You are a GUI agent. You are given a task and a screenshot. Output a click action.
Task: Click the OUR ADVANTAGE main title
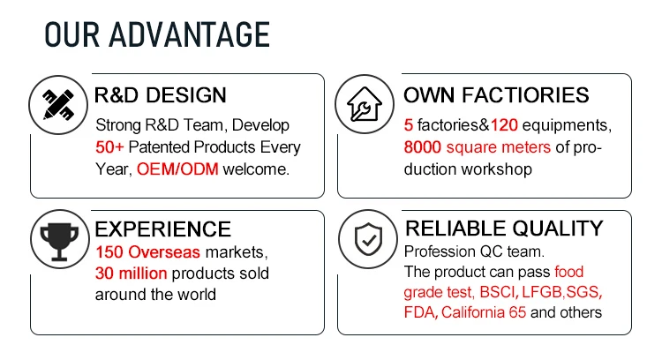point(157,34)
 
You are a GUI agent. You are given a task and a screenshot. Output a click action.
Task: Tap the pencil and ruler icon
point(58,105)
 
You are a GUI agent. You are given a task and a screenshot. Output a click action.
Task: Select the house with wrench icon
point(365,104)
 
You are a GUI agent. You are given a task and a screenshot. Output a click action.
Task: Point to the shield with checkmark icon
point(368,239)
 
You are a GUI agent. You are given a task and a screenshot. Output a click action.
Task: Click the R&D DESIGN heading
point(161,95)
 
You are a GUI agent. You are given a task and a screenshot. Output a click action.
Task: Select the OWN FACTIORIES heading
point(496,95)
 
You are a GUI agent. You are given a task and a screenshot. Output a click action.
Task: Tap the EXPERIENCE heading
point(163,229)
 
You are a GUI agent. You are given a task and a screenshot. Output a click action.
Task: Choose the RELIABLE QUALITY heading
point(504,229)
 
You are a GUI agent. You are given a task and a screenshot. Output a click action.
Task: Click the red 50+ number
point(109,147)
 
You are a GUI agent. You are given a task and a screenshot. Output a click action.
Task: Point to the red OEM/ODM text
point(177,169)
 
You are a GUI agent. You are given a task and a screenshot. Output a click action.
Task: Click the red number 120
point(504,125)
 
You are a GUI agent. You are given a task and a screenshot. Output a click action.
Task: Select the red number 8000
point(422,147)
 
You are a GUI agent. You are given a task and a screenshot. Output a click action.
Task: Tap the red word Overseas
point(164,252)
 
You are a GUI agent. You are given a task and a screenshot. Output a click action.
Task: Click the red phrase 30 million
point(132,274)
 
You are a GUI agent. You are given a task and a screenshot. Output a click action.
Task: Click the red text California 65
point(484,312)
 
